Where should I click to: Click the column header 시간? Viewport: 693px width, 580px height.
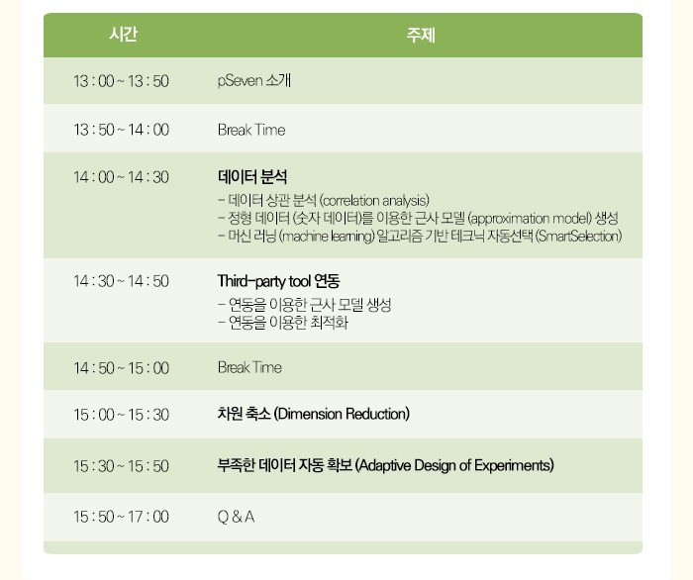coord(124,34)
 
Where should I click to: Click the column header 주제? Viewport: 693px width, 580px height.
coord(421,35)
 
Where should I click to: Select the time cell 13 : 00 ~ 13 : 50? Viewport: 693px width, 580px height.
coord(121,81)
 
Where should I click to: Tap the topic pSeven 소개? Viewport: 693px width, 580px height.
coord(254,80)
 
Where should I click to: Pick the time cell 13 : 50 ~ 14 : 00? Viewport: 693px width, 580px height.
coord(121,130)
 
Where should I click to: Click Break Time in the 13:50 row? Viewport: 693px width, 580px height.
coord(251,130)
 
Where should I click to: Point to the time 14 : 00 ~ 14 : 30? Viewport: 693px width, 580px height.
coord(121,177)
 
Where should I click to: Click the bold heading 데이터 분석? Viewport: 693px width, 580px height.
coord(252,177)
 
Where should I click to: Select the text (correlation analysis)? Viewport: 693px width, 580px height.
coord(374,201)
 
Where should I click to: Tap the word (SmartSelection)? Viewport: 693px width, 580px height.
coord(578,236)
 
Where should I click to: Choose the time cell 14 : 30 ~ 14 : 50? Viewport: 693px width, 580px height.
coord(121,281)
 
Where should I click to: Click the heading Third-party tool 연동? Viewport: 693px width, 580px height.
coord(278,281)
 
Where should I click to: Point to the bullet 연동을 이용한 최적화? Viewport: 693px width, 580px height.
coord(288,323)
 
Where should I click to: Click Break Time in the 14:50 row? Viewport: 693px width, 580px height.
coord(249,367)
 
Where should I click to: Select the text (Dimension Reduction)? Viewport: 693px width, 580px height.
coord(342,414)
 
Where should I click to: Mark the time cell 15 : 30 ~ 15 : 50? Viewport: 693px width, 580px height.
coord(121,466)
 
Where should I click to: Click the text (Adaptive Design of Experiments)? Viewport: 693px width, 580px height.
coord(454,465)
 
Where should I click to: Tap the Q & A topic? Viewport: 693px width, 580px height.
coord(236,517)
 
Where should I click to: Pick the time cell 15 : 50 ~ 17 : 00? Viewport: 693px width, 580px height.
coord(121,517)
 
